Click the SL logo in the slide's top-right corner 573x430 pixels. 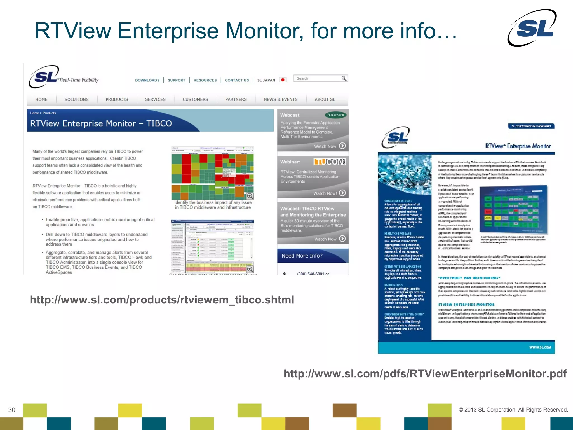[532, 28]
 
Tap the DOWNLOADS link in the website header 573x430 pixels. [147, 80]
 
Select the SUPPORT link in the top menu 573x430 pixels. [177, 80]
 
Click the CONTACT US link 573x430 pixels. [237, 80]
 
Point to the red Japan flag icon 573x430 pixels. [283, 80]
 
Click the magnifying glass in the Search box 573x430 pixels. [344, 78]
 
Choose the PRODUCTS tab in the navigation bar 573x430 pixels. [117, 99]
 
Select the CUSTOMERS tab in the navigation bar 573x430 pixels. [195, 99]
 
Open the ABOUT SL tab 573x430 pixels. [325, 99]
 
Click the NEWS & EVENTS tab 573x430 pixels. [280, 99]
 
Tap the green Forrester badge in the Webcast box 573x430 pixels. [335, 115]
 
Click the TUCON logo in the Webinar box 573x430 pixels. [330, 162]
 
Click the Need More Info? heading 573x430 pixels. [302, 256]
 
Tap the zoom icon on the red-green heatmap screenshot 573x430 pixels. [250, 196]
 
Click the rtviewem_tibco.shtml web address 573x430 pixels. [162, 300]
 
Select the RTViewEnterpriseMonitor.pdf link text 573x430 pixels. [425, 374]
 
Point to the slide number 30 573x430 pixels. [12, 410]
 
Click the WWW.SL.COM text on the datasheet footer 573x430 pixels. [540, 347]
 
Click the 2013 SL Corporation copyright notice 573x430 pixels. [513, 410]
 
